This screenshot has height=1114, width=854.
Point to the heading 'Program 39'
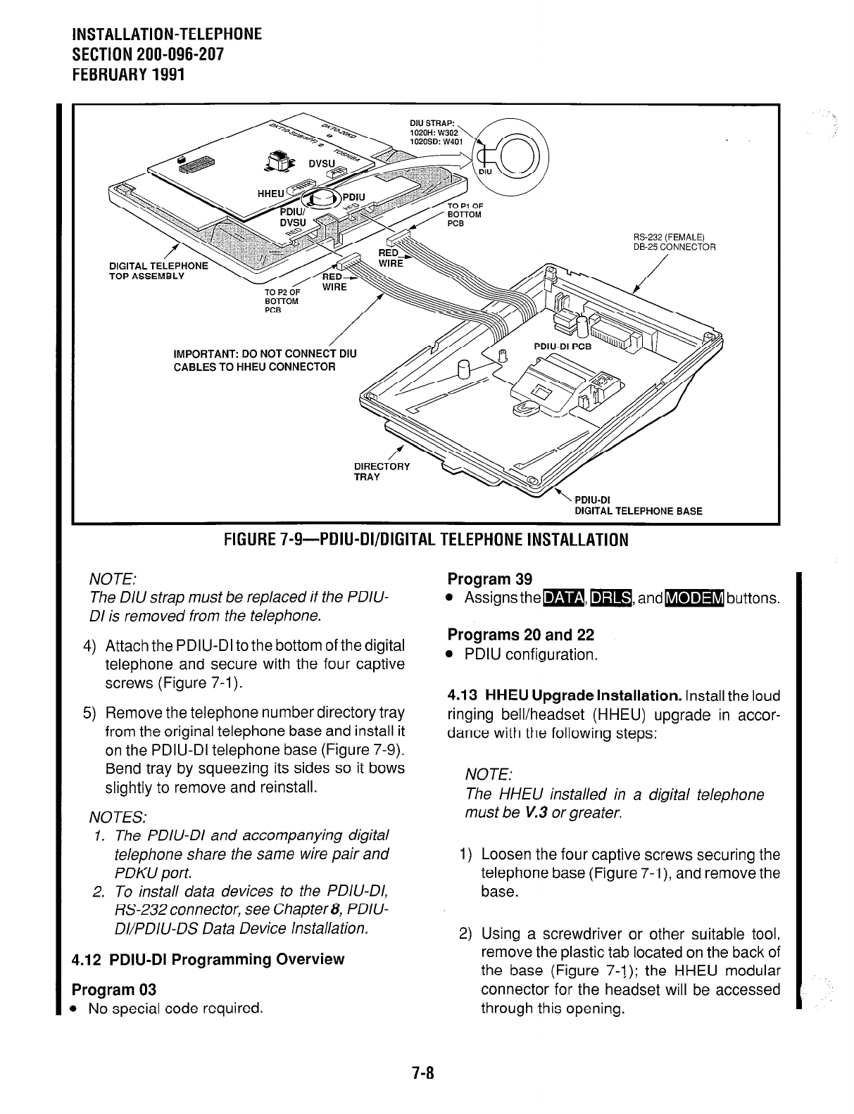coord(490,579)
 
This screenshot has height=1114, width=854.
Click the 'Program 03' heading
coord(114,989)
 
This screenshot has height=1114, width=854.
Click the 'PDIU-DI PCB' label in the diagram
coord(563,348)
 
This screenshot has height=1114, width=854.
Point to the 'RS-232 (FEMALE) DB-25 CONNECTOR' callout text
coord(674,241)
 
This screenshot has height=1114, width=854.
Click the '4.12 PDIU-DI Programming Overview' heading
coord(208,959)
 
